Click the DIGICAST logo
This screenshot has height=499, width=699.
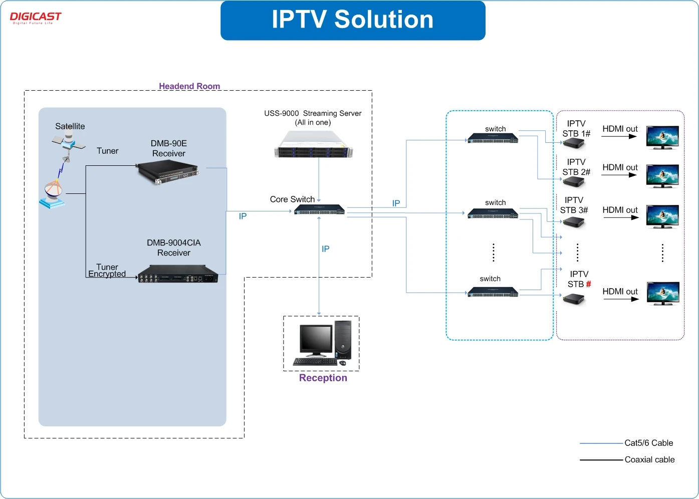pos(35,18)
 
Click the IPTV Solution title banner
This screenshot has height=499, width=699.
pos(353,20)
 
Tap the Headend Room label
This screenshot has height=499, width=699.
pos(189,86)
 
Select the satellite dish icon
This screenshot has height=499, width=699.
pos(52,194)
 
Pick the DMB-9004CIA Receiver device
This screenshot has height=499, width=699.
pos(178,274)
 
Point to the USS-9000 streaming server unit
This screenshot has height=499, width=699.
pos(314,144)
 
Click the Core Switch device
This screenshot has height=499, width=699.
pos(320,209)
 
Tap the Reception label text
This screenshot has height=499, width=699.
pos(323,378)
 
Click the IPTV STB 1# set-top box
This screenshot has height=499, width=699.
pos(574,144)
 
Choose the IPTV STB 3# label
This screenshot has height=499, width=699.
pos(574,205)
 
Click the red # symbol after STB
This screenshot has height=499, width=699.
pos(589,284)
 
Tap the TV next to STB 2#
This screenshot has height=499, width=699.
pos(662,176)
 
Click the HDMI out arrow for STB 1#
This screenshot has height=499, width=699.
pos(619,136)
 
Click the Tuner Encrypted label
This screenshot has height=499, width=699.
pos(107,271)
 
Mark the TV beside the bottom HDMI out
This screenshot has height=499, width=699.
pos(663,293)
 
